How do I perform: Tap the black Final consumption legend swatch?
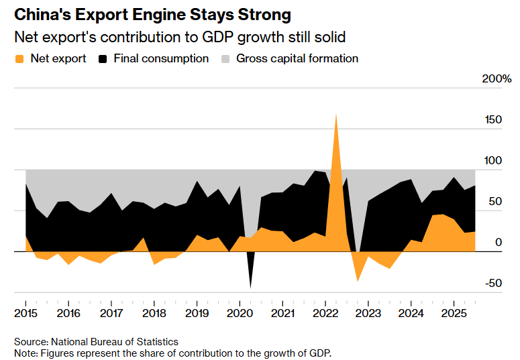pos(103,59)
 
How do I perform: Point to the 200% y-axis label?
pos(497,79)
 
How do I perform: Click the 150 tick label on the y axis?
pos(493,120)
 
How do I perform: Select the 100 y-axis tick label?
pos(493,161)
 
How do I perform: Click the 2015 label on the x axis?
pos(25,314)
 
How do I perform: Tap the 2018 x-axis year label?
pos(154,314)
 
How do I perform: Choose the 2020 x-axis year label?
pos(240,314)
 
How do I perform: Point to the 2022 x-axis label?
pos(325,314)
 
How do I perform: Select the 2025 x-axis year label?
pos(454,314)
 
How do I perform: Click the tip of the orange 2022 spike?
pos(335,114)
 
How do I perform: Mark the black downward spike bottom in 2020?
pos(250,288)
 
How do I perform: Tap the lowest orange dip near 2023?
pos(357,280)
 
